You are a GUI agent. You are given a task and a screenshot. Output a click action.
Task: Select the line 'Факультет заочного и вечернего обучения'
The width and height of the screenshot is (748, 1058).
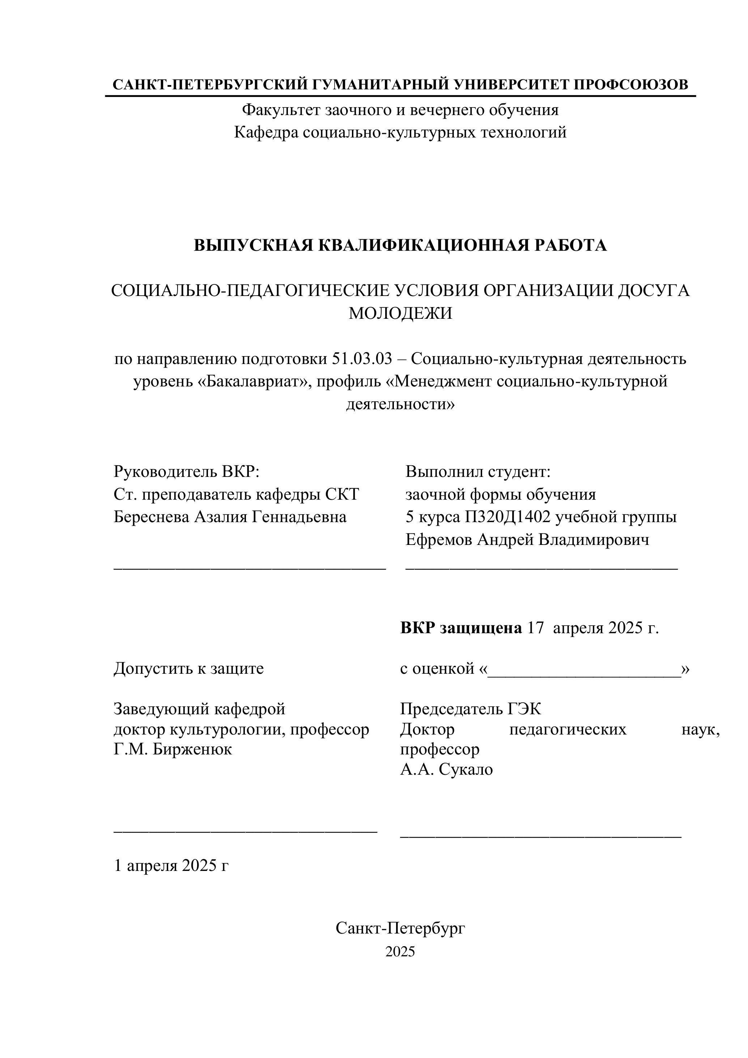point(400,110)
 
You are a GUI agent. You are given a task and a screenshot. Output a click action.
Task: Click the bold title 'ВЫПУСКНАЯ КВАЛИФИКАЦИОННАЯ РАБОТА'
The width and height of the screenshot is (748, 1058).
point(400,245)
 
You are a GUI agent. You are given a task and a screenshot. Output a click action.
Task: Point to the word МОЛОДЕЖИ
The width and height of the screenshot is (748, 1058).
point(400,313)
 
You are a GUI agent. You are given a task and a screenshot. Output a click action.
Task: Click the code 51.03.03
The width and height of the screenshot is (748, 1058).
point(362,359)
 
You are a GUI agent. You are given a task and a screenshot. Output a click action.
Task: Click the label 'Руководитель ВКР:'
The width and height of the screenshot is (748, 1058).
point(187,471)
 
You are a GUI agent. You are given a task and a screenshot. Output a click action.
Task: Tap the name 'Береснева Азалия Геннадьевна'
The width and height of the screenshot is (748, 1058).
point(230,517)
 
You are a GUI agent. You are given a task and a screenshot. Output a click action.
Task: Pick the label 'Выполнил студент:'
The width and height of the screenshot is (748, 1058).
point(478,471)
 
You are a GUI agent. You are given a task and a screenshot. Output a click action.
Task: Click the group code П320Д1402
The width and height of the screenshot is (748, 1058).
point(507,517)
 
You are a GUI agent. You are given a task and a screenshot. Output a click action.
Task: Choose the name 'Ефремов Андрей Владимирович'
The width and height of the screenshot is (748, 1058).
point(527,539)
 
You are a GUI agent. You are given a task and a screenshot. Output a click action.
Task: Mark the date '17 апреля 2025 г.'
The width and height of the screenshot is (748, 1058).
point(593,628)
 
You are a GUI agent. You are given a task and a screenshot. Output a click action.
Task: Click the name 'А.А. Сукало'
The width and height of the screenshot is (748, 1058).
point(446,769)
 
